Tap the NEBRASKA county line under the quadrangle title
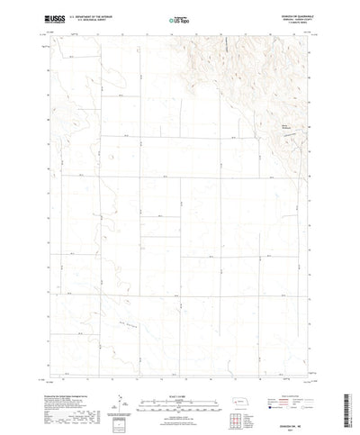pyautogui.click(x=288, y=15)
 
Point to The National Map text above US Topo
pyautogui.click(x=179, y=11)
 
